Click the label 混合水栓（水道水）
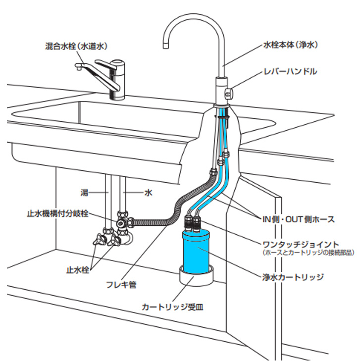pyautogui.click(x=76, y=46)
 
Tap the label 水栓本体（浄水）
pyautogui.click(x=291, y=45)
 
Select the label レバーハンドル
pyautogui.click(x=291, y=71)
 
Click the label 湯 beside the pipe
pyautogui.click(x=84, y=193)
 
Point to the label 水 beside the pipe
pyautogui.click(x=148, y=193)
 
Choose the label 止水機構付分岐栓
pyautogui.click(x=58, y=213)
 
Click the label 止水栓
pyautogui.click(x=78, y=270)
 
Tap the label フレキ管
pyautogui.click(x=121, y=285)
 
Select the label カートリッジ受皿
pyautogui.click(x=173, y=307)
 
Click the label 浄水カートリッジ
pyautogui.click(x=293, y=277)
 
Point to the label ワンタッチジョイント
pyautogui.click(x=301, y=244)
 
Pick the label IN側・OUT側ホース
pyautogui.click(x=299, y=219)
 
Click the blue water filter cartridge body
pyautogui.click(x=196, y=252)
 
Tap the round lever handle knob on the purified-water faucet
pyautogui.click(x=229, y=93)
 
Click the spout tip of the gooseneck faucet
pyautogui.click(x=165, y=46)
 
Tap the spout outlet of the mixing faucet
pyautogui.click(x=78, y=67)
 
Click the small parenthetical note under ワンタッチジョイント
pyautogui.click(x=308, y=253)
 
